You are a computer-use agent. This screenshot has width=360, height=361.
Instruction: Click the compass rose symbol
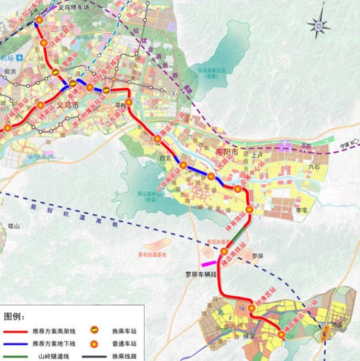click(318, 26)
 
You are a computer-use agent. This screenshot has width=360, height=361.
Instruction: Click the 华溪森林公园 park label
click(212, 71)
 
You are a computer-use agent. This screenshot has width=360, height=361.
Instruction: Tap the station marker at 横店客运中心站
click(282, 334)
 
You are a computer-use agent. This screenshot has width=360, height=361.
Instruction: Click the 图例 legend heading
click(14, 316)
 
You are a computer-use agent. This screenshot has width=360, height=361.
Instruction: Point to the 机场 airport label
click(6, 57)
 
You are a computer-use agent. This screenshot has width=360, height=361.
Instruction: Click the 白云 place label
click(165, 157)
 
